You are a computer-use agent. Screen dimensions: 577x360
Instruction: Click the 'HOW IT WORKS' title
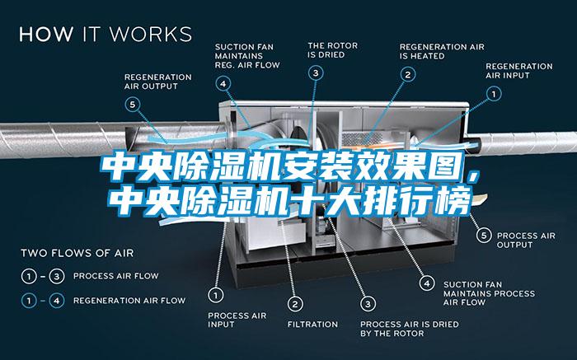tap(106, 35)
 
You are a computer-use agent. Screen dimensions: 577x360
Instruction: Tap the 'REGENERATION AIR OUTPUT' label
tap(158, 82)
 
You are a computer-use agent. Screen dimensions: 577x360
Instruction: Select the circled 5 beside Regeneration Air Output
tap(133, 105)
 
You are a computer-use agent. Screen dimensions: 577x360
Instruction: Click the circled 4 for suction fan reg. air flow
tap(223, 83)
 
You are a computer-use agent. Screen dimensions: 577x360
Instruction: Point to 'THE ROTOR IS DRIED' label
tap(333, 50)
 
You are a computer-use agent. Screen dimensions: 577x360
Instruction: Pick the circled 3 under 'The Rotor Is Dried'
tap(316, 72)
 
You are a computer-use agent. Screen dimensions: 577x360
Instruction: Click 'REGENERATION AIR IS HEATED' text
tap(442, 51)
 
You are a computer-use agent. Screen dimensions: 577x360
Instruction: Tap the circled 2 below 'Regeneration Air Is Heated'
tap(408, 75)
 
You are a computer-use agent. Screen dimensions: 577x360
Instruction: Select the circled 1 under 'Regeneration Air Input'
tap(494, 94)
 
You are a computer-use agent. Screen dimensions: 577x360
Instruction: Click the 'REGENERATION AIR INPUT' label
tap(518, 71)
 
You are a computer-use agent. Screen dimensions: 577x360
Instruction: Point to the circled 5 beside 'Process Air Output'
tap(484, 236)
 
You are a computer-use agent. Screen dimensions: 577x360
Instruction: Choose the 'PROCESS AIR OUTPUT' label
tap(526, 240)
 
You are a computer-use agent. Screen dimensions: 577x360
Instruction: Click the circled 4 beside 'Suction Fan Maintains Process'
tap(427, 283)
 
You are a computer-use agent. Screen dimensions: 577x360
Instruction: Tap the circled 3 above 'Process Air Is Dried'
tap(368, 304)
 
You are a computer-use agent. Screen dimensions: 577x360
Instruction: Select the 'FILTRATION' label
tap(312, 325)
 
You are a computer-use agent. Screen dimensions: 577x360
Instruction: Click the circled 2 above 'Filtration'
tap(295, 304)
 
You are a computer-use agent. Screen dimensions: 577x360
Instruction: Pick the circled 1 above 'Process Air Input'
tap(216, 295)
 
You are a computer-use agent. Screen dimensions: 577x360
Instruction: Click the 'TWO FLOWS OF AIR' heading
tap(77, 253)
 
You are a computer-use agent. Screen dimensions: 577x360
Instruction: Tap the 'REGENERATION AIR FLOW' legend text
tap(129, 301)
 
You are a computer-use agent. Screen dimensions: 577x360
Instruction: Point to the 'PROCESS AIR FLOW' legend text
tap(116, 276)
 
